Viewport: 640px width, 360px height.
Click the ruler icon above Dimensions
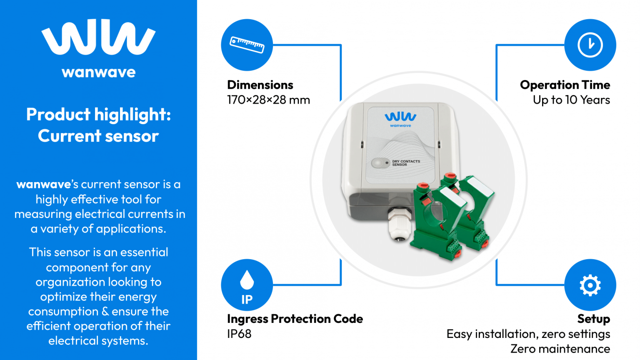247,45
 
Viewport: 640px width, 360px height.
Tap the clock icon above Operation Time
590,45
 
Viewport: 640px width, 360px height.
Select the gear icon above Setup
590,285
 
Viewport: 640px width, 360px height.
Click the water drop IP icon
247,285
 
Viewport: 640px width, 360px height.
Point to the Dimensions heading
260,85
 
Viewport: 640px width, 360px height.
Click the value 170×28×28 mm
268,100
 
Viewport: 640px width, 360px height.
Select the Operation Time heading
565,85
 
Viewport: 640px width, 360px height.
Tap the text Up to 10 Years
571,100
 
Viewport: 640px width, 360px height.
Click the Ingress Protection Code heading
295,319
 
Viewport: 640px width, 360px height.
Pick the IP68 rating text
239,334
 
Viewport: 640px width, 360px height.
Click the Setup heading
593,319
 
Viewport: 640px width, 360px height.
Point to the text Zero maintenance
560,349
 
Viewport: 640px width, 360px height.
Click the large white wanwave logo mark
98,37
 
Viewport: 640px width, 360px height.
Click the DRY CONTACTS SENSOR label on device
406,163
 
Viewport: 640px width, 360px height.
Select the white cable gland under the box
399,225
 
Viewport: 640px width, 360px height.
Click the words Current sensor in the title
98,136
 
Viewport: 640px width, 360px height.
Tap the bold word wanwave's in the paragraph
47,184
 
